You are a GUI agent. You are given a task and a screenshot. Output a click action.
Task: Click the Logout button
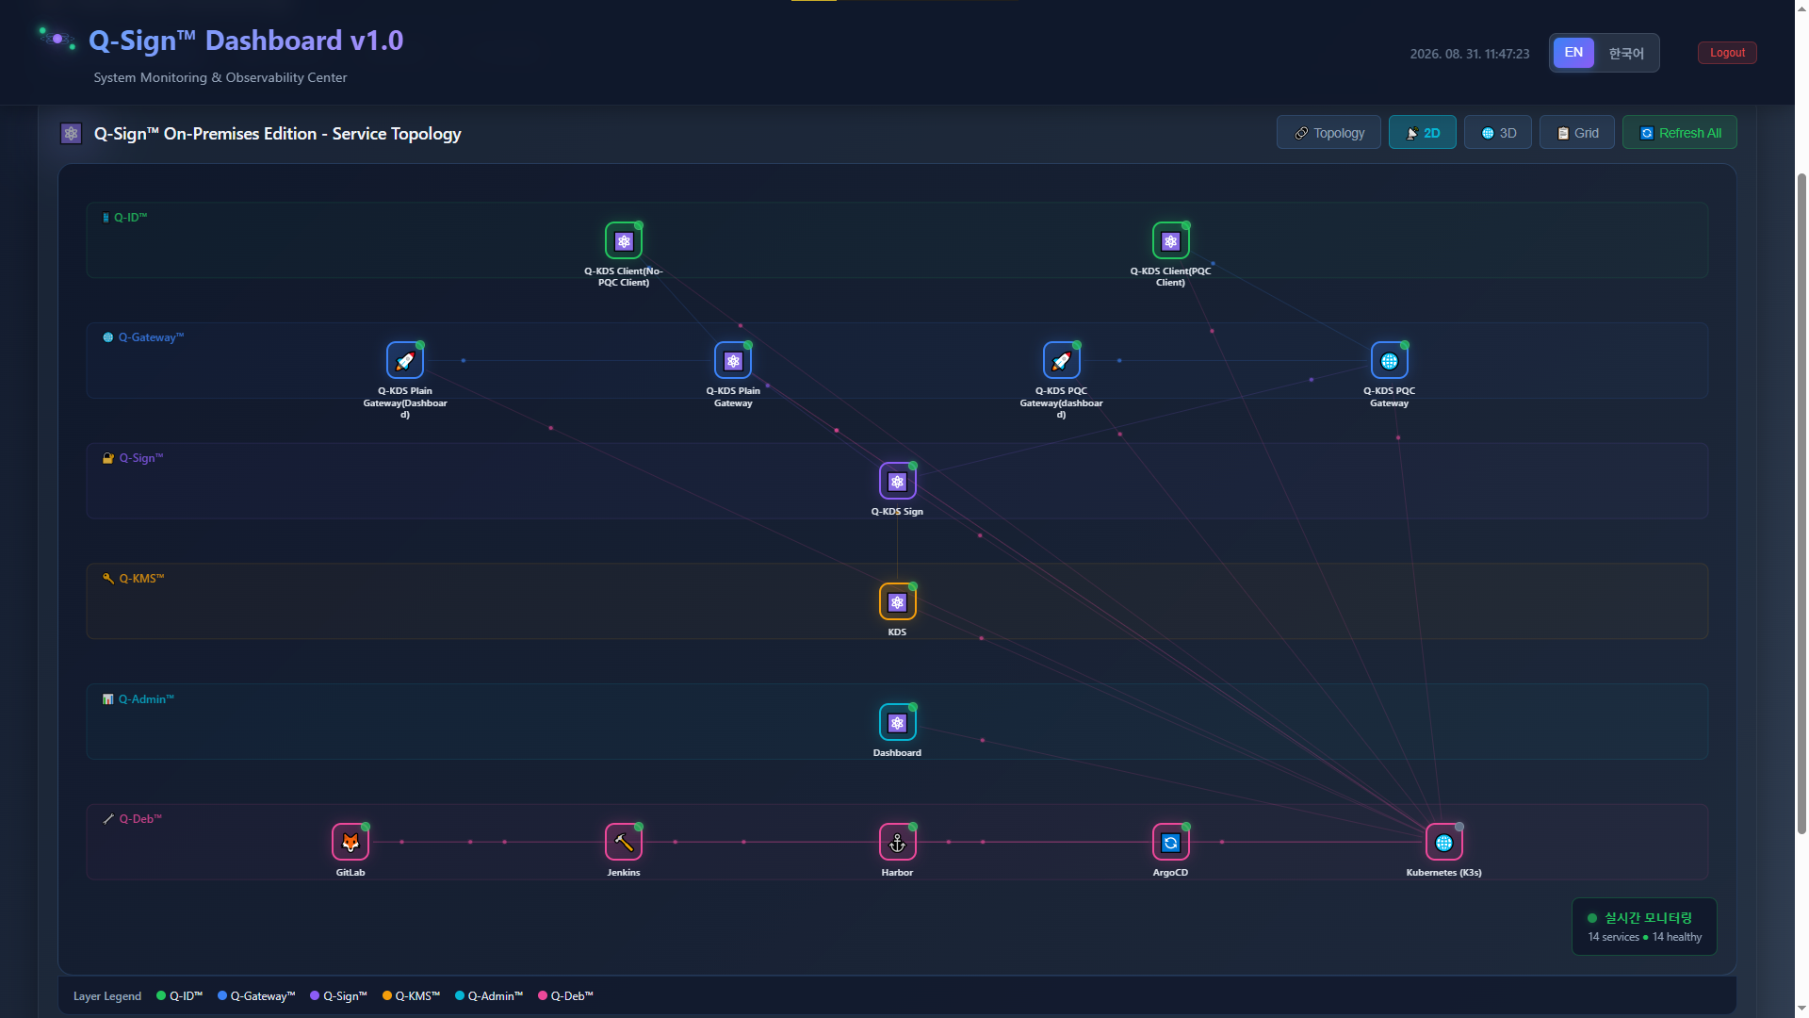[1727, 53]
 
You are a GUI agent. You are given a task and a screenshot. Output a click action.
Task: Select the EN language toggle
[1573, 53]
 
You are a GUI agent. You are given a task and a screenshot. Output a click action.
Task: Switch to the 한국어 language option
[1626, 53]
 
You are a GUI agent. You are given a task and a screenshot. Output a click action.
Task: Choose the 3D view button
[1498, 133]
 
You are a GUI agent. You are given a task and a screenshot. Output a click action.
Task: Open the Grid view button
[1577, 133]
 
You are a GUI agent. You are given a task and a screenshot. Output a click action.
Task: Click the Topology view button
[1328, 133]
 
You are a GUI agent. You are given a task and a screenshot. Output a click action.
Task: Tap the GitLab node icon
[350, 842]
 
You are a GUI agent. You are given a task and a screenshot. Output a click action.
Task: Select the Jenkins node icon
[624, 842]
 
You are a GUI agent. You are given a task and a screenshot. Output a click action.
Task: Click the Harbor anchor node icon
[897, 842]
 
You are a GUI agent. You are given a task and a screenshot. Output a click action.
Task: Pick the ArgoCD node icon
[1170, 842]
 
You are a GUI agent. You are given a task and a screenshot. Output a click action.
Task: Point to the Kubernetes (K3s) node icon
[1443, 842]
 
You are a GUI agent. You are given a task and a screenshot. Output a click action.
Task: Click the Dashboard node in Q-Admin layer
[897, 722]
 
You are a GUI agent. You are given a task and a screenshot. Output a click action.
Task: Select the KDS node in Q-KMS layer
[897, 601]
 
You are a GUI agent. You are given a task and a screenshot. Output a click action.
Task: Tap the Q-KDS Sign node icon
[897, 481]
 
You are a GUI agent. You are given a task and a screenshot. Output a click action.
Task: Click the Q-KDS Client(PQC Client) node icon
[1170, 240]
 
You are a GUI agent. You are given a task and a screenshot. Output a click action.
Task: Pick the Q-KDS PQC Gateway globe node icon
[1389, 360]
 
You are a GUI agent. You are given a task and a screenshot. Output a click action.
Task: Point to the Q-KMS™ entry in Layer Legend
[412, 995]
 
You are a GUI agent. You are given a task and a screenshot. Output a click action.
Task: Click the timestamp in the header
[1470, 54]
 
